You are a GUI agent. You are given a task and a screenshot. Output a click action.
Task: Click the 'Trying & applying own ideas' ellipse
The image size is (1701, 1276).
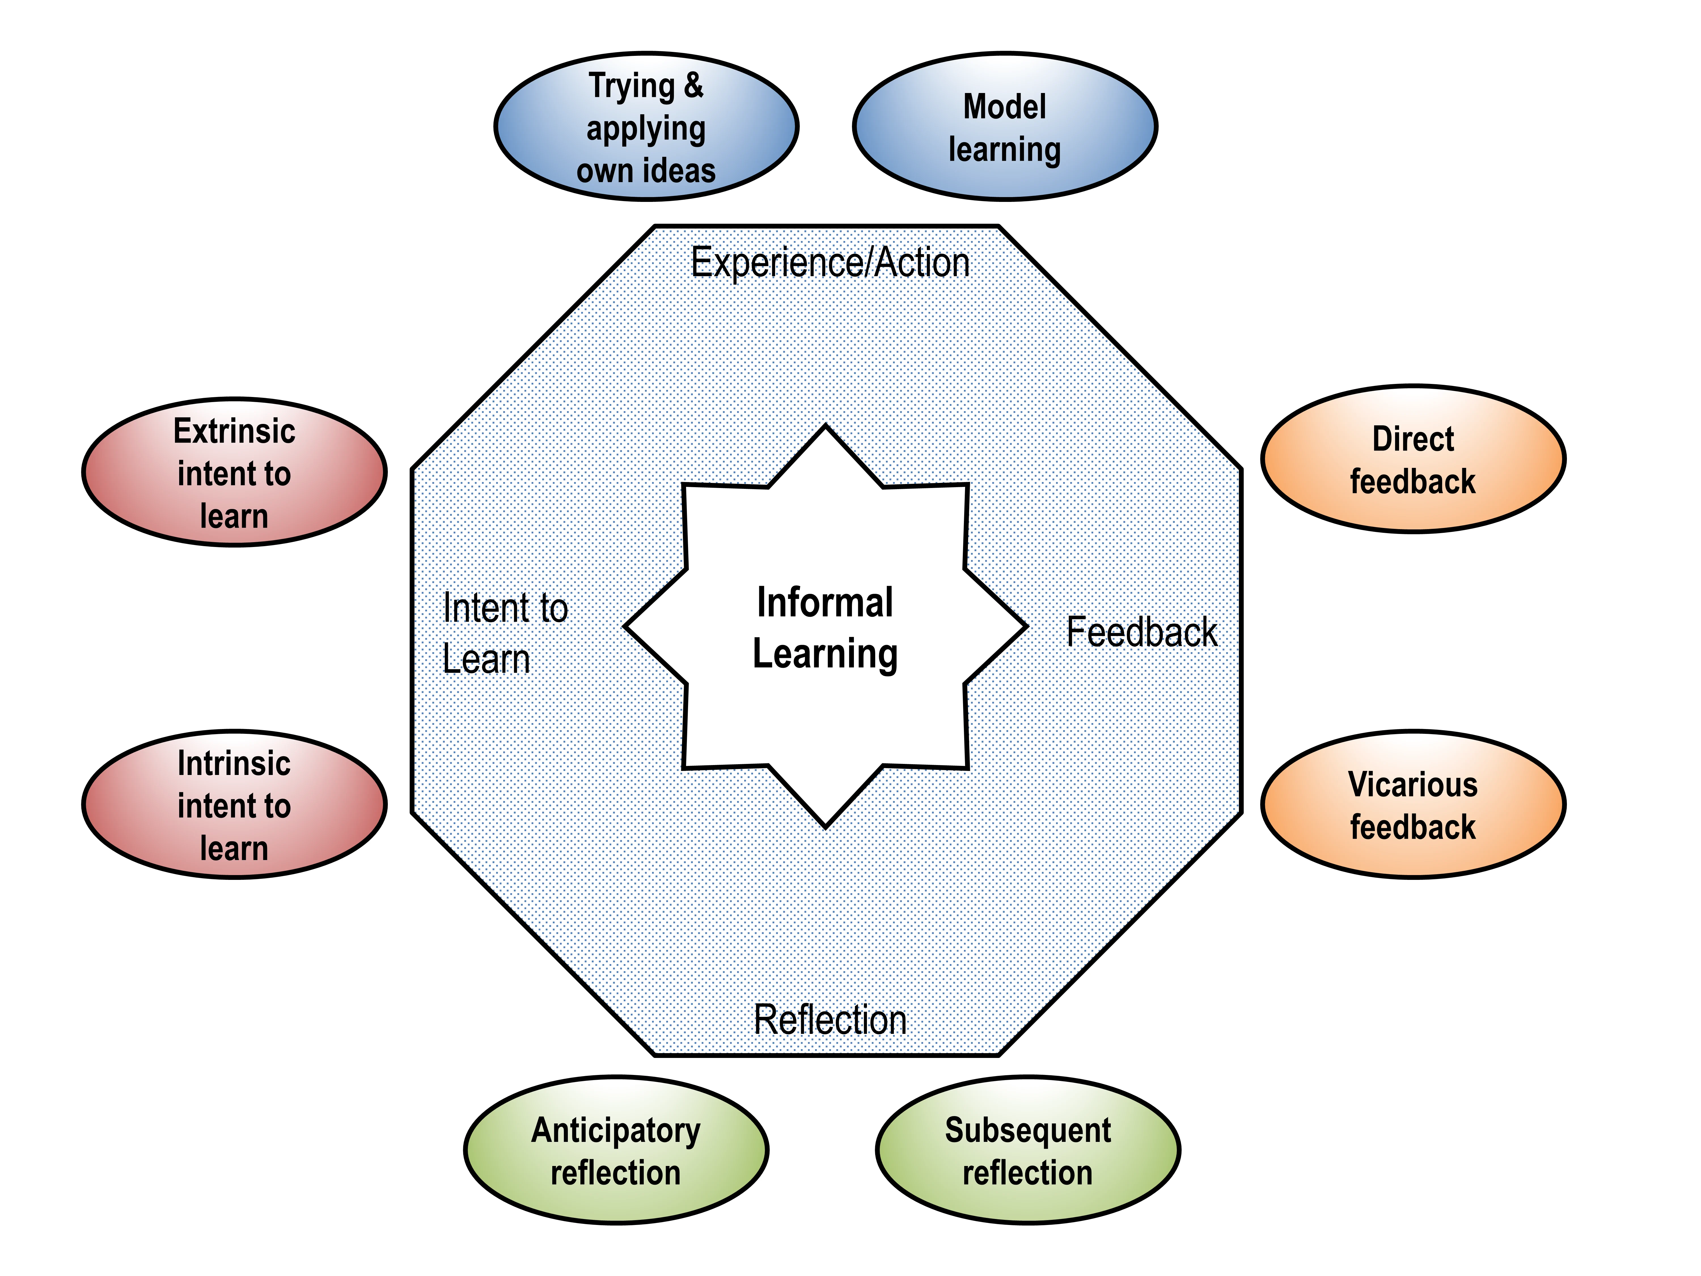click(x=646, y=127)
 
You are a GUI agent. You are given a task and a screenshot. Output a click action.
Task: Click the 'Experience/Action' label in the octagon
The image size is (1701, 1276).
click(x=830, y=263)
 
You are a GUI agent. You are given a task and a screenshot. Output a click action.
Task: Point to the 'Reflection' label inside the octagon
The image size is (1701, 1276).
click(x=830, y=1020)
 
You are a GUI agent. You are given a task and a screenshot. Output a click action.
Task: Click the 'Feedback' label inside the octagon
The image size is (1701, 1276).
click(x=1141, y=632)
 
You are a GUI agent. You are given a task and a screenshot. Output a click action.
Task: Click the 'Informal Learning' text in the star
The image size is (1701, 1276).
click(x=825, y=628)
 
